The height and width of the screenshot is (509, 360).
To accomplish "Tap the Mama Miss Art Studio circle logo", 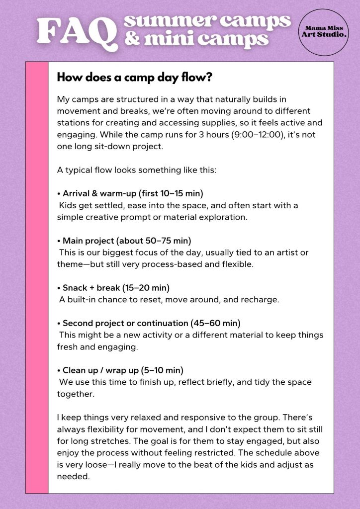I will [324, 32].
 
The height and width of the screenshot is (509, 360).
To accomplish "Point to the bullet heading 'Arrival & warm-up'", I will [98, 193].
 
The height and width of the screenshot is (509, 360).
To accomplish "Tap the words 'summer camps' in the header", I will [207, 21].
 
